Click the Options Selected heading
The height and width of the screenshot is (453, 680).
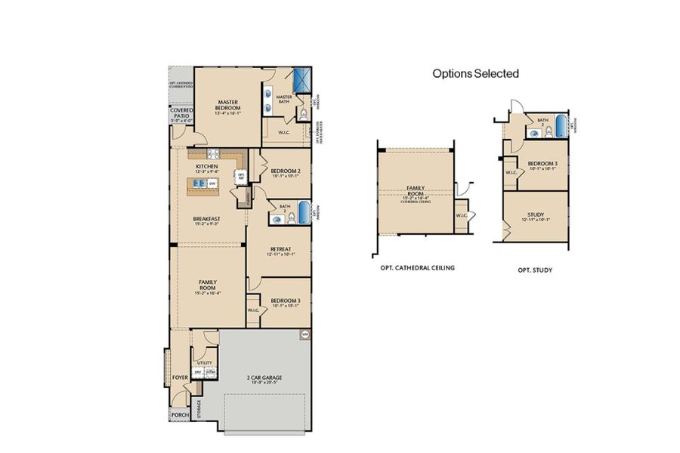pos(475,73)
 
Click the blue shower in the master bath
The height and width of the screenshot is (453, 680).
pos(303,81)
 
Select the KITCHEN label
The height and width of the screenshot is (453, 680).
pos(207,166)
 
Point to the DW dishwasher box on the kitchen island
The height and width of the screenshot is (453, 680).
pos(213,183)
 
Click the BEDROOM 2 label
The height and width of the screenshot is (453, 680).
pos(286,171)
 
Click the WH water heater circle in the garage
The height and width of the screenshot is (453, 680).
pos(305,333)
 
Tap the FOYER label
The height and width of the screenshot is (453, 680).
pos(179,374)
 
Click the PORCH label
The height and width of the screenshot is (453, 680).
pos(179,414)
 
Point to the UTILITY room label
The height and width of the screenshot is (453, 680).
pos(205,362)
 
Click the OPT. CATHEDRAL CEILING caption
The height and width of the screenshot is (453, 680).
pos(418,268)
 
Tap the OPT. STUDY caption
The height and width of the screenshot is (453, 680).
pos(535,269)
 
